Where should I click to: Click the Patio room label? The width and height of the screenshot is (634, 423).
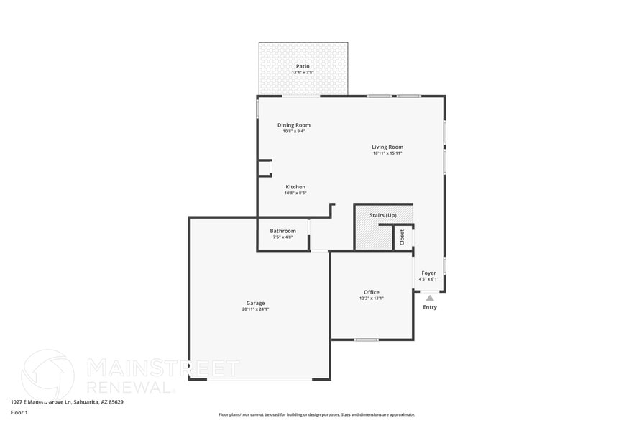click(303, 66)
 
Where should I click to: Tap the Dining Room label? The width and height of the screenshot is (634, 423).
click(294, 125)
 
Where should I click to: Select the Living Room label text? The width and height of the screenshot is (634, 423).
click(387, 147)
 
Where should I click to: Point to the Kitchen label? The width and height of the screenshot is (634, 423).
click(295, 187)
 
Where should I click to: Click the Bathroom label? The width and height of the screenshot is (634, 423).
click(283, 231)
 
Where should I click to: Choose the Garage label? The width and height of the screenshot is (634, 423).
click(255, 303)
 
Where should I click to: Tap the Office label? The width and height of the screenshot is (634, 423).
click(372, 292)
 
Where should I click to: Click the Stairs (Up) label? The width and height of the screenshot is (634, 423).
click(383, 215)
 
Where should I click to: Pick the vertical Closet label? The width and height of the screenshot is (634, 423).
click(402, 237)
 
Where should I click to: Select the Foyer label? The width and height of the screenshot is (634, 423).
click(428, 273)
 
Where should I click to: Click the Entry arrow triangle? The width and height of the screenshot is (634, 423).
click(430, 297)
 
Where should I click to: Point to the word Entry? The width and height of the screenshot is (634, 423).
click(430, 307)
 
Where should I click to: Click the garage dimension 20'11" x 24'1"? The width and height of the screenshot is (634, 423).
click(255, 309)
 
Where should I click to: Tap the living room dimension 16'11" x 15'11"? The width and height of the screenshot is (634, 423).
click(387, 153)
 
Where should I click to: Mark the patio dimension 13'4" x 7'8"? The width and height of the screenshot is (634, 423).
click(303, 73)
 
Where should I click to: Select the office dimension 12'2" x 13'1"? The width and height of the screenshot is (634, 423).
click(372, 299)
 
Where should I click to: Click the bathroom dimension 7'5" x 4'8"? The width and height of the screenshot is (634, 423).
click(283, 237)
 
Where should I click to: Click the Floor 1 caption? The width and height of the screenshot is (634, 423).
click(19, 412)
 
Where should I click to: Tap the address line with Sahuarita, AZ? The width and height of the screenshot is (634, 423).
click(67, 402)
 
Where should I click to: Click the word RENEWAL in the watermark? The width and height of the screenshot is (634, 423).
click(129, 386)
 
